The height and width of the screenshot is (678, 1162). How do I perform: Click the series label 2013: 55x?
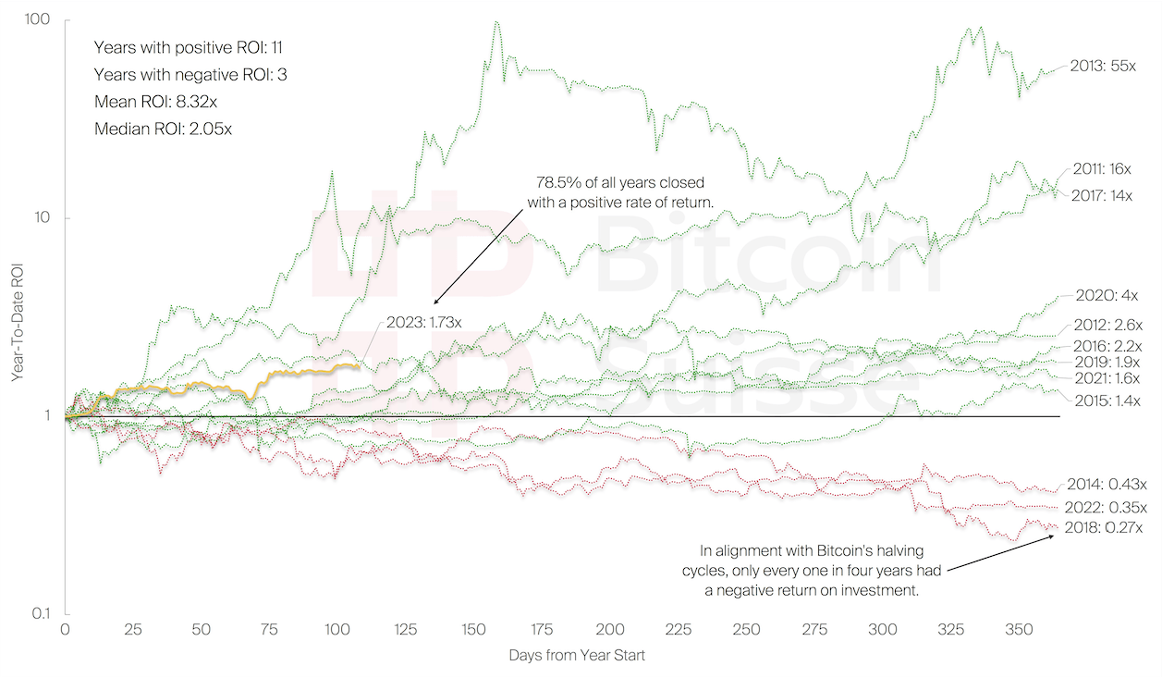tap(1108, 67)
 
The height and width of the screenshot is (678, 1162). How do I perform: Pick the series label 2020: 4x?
tap(1107, 296)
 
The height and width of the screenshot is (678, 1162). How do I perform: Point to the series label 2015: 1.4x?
tap(1107, 401)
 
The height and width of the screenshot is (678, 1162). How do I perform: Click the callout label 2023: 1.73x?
tap(421, 323)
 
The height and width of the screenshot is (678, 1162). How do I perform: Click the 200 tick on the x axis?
tap(610, 629)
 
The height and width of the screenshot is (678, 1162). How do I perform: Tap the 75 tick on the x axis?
tap(269, 629)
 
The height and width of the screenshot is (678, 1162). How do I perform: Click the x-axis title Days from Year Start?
tap(576, 656)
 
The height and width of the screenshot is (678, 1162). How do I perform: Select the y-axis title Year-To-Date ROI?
tap(16, 316)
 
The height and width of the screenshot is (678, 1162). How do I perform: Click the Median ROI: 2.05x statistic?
tap(163, 129)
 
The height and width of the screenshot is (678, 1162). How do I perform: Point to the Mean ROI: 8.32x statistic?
tap(157, 102)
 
